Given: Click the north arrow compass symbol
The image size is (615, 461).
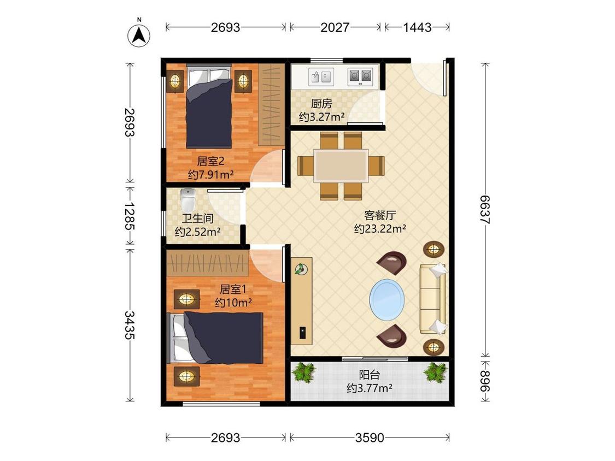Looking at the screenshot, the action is pyautogui.click(x=139, y=36).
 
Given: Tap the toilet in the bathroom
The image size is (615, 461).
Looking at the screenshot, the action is pyautogui.click(x=188, y=200).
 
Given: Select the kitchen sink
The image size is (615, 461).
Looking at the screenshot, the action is pyautogui.click(x=321, y=76).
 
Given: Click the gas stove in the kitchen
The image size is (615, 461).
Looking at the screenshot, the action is pyautogui.click(x=360, y=76).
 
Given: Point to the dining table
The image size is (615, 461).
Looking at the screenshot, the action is pyautogui.click(x=341, y=166).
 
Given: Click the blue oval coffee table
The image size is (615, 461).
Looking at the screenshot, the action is pyautogui.click(x=386, y=300).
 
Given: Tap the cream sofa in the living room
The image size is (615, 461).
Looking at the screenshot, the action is pyautogui.click(x=433, y=299).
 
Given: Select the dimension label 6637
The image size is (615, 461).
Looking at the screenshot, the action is pyautogui.click(x=485, y=210).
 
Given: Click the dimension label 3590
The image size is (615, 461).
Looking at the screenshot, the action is pyautogui.click(x=370, y=438).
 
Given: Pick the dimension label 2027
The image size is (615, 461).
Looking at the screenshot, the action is pyautogui.click(x=335, y=27).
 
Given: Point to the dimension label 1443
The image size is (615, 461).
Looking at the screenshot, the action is pyautogui.click(x=417, y=27).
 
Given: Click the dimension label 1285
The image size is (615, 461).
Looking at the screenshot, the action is pyautogui.click(x=130, y=216).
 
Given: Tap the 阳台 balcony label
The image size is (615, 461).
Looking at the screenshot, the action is pyautogui.click(x=370, y=375).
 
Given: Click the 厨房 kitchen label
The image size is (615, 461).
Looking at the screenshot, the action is pyautogui.click(x=321, y=103).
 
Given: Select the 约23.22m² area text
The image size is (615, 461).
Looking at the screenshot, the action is pyautogui.click(x=380, y=228).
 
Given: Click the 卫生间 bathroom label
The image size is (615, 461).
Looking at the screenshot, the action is pyautogui.click(x=198, y=218).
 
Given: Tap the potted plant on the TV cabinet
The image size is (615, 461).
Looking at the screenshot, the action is pyautogui.click(x=301, y=269).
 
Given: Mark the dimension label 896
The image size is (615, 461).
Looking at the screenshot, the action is pyautogui.click(x=485, y=381).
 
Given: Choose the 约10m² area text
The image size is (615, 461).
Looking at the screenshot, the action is pyautogui.click(x=233, y=302).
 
